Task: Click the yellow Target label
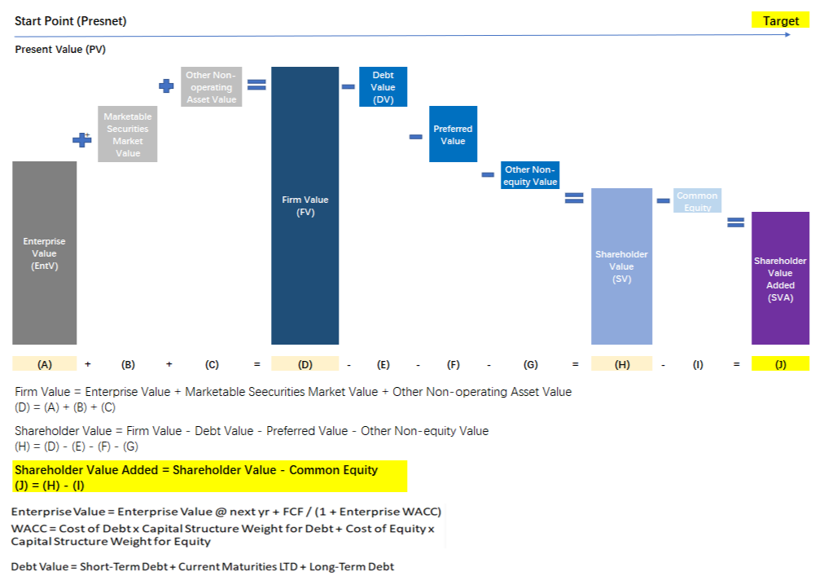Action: pos(780,21)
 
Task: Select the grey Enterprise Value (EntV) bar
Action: pos(45,253)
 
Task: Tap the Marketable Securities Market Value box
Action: pos(128,134)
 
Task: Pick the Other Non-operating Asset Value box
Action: pos(211,87)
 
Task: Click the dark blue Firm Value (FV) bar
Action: pos(304,205)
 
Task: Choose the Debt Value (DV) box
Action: pos(383,87)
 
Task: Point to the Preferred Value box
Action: pos(453,134)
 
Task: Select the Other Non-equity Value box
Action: pos(530,176)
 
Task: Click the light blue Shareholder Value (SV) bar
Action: pos(621,266)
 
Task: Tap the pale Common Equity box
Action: pos(697,201)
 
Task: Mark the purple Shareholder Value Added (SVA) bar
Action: pos(780,279)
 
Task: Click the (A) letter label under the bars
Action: pos(45,364)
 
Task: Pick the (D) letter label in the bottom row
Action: pos(304,364)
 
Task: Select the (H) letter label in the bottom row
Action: pos(622,364)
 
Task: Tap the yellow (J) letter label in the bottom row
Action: pos(780,364)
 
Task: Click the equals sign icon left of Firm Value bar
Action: pos(256,84)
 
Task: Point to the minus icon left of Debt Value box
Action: pos(348,86)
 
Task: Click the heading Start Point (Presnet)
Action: pos(70,21)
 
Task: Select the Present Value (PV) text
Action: pos(60,50)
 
